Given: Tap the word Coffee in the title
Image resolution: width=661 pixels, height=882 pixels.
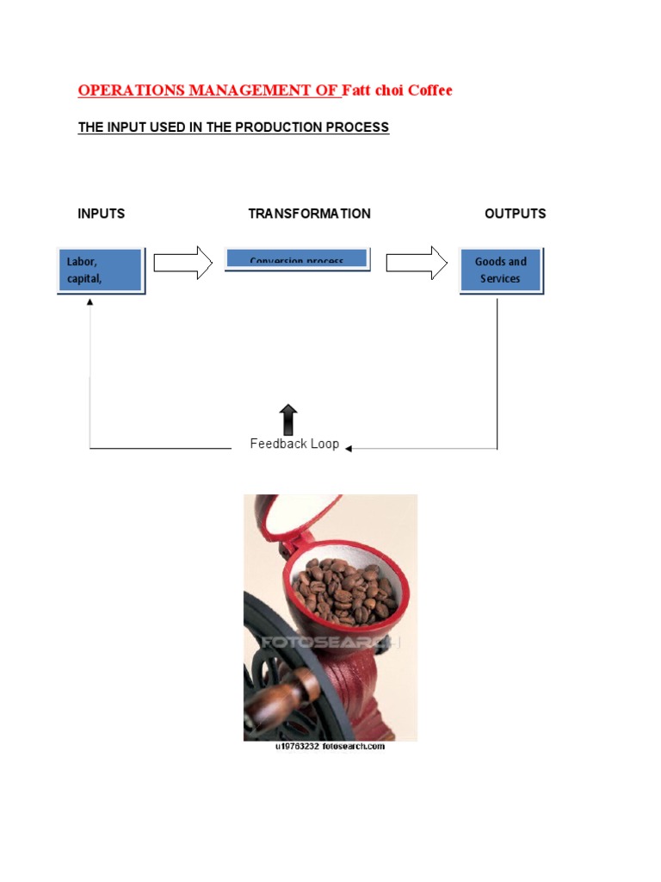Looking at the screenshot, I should [x=429, y=90].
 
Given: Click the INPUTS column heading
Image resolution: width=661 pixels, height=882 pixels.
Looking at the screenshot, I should [x=102, y=214].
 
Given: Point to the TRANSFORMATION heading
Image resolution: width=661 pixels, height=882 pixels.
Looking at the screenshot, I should [x=309, y=214].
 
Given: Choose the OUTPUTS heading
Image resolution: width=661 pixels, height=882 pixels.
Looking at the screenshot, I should [x=515, y=214].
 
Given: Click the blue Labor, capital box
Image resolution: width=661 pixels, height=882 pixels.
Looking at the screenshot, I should [x=101, y=270].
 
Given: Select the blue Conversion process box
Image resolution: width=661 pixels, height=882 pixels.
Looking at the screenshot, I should [x=297, y=258].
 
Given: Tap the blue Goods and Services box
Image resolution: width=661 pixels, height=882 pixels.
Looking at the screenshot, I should [x=501, y=270].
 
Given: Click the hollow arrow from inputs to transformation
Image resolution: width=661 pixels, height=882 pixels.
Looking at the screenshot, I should [x=183, y=263].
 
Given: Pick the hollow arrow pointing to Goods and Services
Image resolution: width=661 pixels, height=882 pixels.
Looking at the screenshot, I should [x=417, y=263].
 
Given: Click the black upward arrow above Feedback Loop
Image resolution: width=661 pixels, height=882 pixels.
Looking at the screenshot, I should [x=289, y=419].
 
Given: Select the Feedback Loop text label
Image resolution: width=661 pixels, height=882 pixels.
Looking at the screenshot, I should [x=294, y=444].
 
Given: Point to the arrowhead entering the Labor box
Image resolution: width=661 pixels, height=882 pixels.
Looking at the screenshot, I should [x=90, y=302].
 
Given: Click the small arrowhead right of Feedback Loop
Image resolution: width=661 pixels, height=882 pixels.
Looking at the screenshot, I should [x=349, y=448].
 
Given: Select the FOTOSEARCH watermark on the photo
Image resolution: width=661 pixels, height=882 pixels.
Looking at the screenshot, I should [x=330, y=643].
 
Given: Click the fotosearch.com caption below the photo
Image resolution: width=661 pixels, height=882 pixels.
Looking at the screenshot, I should [x=330, y=747].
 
